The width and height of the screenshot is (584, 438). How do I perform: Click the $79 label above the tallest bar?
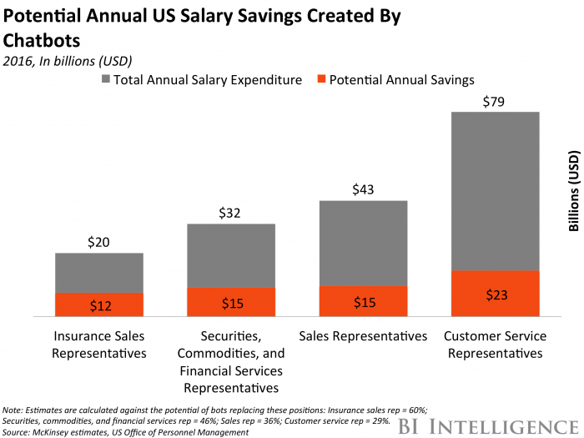click(x=495, y=102)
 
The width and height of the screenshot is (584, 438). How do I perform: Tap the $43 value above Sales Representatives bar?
click(x=363, y=190)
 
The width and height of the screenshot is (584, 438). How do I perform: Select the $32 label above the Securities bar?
click(x=231, y=213)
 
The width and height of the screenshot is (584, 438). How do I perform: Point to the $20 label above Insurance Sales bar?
click(x=99, y=243)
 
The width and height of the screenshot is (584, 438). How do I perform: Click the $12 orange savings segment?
click(x=99, y=305)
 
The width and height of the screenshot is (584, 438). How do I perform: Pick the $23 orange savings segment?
click(x=495, y=294)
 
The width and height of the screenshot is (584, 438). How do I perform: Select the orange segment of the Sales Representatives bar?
click(x=363, y=302)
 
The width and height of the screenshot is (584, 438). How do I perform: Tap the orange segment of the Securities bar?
click(x=231, y=303)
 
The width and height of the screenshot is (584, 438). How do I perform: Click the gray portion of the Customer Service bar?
click(x=495, y=191)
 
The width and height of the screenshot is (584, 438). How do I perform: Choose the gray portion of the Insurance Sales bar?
click(x=99, y=273)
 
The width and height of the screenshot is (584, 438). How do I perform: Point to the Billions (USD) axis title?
click(x=574, y=192)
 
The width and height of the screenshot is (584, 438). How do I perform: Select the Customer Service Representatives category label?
click(x=495, y=345)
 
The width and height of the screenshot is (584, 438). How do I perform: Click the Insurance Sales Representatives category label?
click(x=99, y=345)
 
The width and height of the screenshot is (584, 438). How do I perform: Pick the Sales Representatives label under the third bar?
click(x=363, y=336)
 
